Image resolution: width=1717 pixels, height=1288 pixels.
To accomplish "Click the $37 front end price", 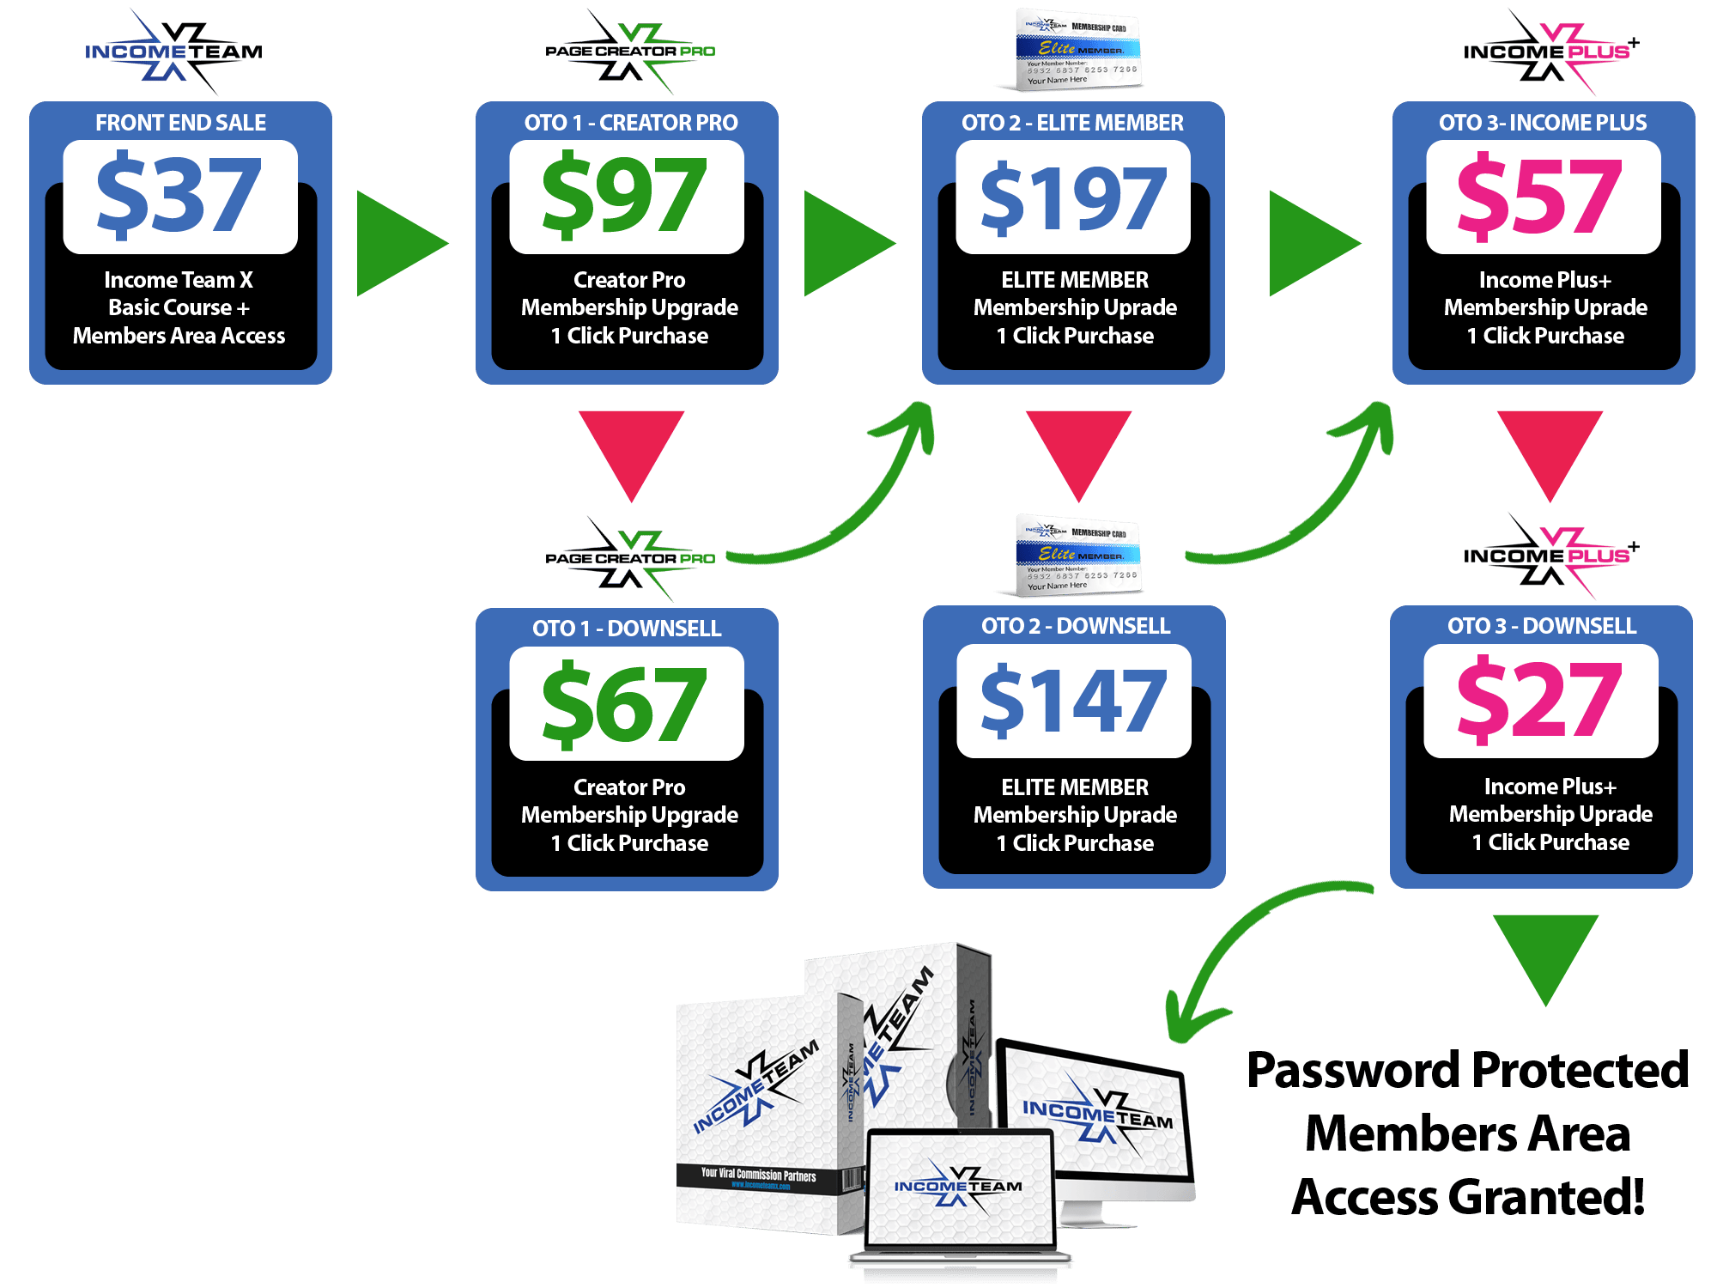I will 179,196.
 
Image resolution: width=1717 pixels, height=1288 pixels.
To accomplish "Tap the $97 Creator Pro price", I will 626,196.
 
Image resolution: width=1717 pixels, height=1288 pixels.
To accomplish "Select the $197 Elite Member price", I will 1073,198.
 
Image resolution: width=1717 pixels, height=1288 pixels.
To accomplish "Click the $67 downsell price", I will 626,703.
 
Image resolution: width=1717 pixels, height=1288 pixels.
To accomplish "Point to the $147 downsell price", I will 1073,702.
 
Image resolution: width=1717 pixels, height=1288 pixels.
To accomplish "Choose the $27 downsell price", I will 1540,701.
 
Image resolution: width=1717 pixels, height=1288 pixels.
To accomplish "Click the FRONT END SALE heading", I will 180,123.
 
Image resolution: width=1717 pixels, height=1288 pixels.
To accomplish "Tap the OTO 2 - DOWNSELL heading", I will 1076,626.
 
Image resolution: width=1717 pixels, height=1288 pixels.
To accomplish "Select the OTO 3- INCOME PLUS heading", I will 1543,123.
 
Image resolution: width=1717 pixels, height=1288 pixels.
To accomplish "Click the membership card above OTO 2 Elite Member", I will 1077,50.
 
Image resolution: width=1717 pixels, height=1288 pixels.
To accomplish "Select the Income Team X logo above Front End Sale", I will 174,52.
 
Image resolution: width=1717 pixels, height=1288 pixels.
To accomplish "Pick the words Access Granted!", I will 1468,1197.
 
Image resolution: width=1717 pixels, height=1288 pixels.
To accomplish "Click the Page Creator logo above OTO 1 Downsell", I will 628,558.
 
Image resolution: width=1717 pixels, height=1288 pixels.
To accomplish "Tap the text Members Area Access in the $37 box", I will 179,336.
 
